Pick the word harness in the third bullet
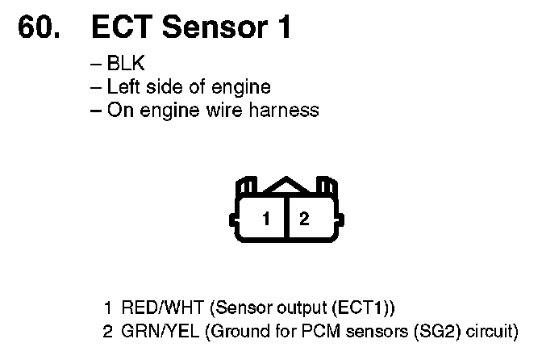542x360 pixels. point(285,111)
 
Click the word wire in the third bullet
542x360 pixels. point(229,111)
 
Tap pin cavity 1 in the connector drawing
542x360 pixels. point(265,219)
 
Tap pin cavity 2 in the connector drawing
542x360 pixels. point(304,219)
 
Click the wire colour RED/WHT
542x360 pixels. point(154,308)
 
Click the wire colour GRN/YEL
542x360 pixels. point(153,331)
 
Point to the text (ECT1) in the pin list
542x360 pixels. point(366,308)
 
